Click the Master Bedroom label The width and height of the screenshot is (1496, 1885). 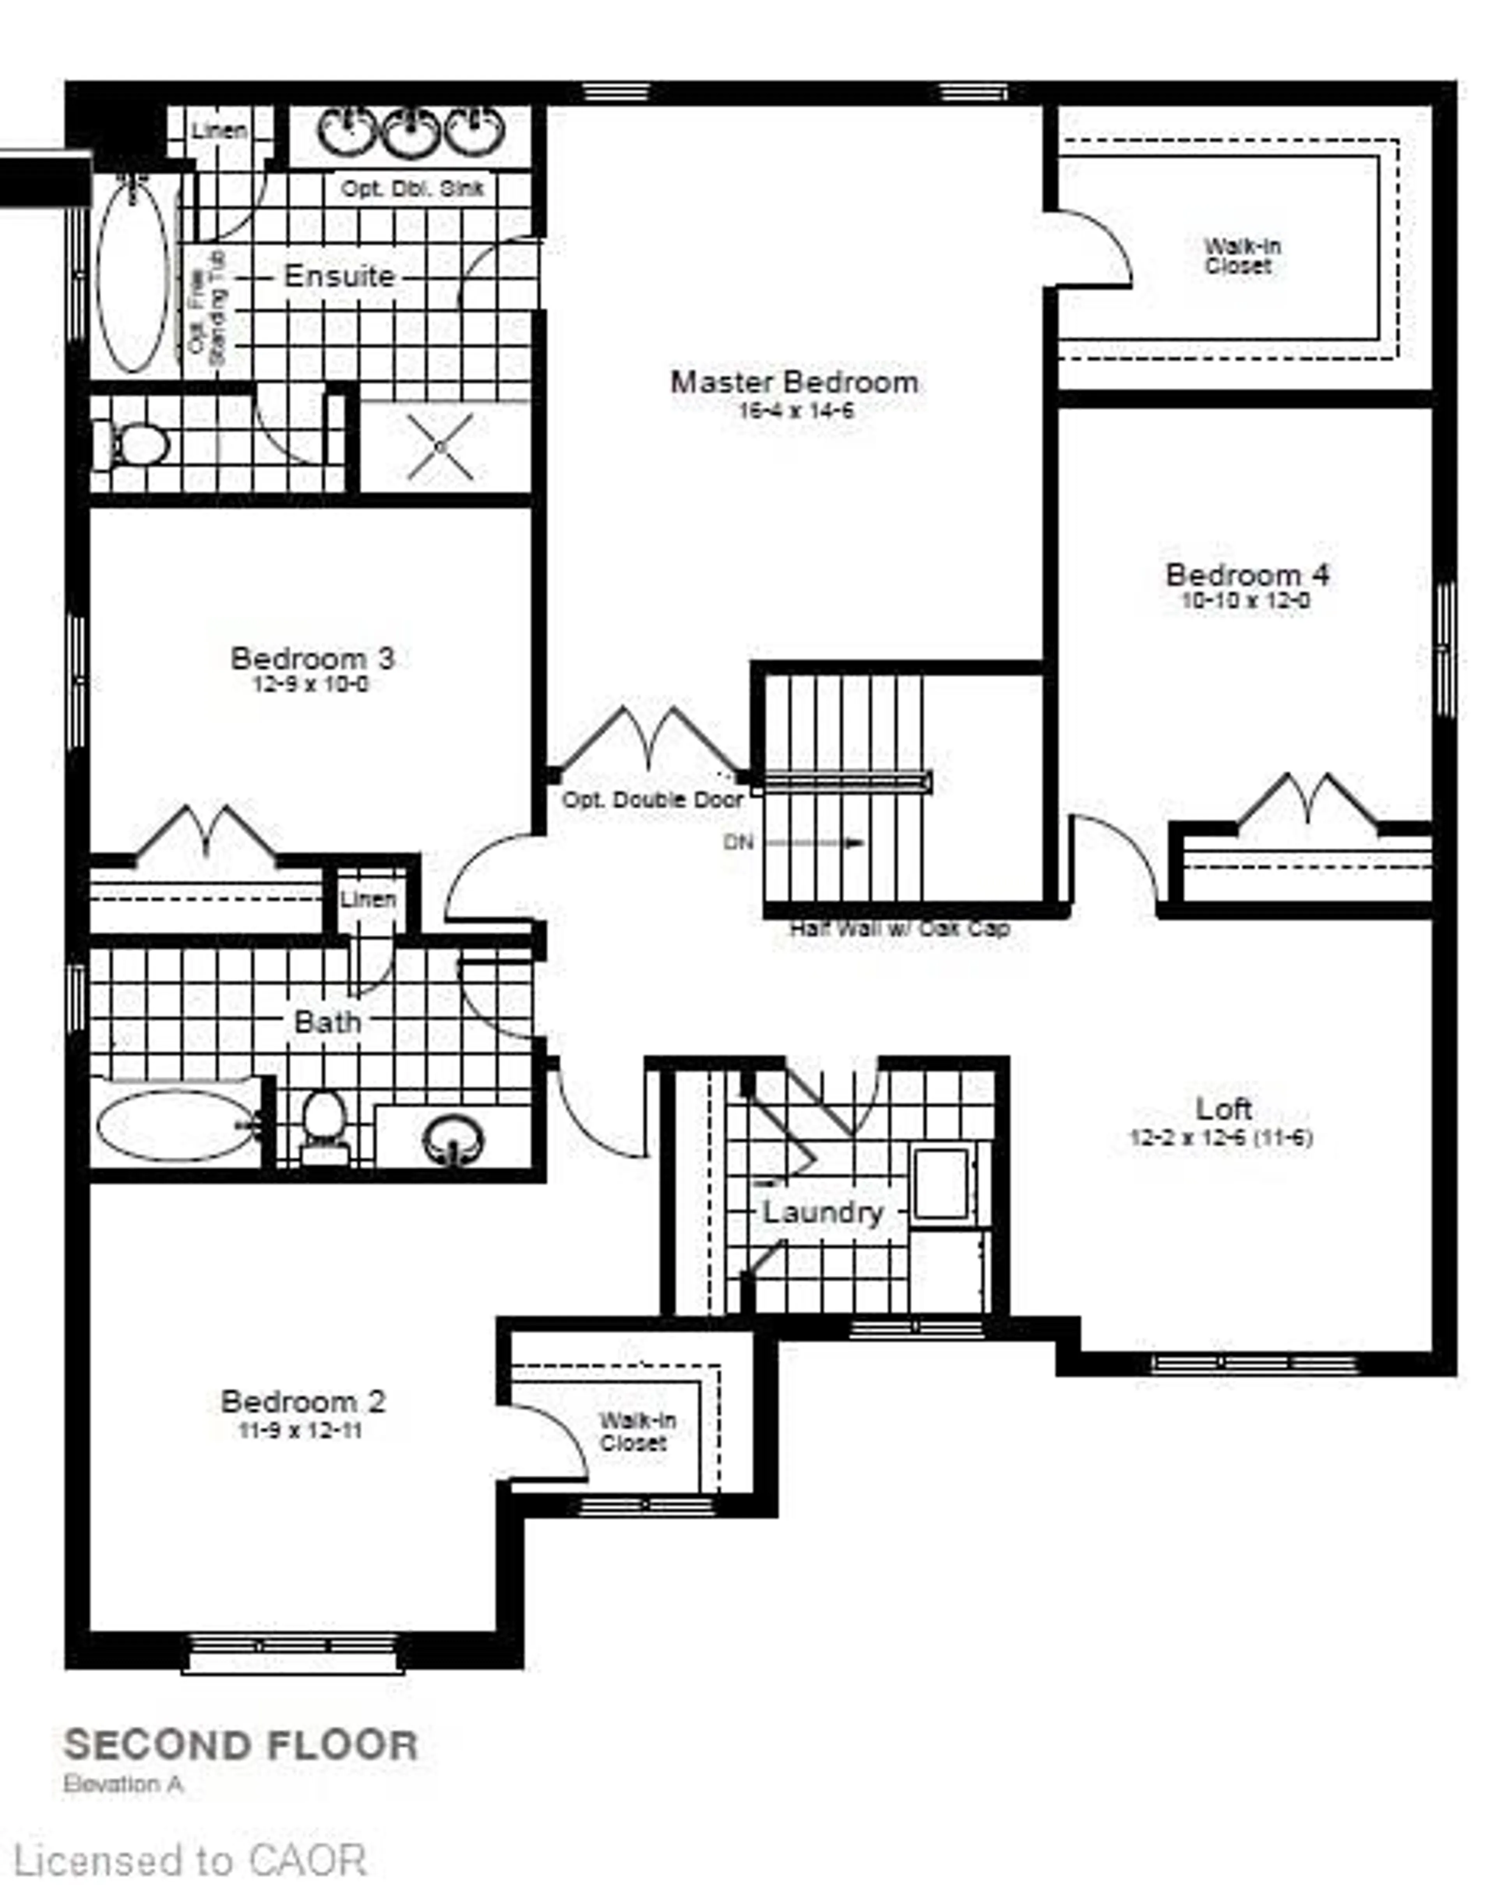pos(793,382)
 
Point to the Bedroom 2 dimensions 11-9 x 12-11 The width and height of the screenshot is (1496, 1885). pos(300,1431)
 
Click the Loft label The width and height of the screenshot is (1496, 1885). pos(1223,1109)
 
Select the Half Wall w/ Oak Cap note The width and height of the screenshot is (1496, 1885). pos(899,929)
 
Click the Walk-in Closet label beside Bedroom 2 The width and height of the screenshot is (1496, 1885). pos(637,1431)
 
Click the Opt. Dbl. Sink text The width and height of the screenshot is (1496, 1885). pos(412,188)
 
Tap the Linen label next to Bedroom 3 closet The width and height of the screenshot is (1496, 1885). pos(368,899)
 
